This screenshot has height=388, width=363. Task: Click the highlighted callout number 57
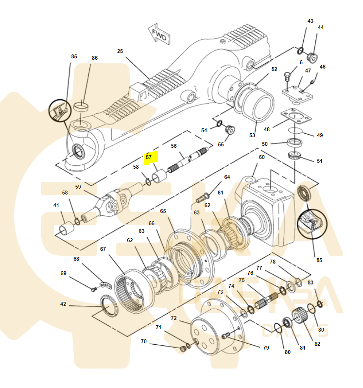point(149,157)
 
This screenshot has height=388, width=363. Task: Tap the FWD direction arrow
point(158,35)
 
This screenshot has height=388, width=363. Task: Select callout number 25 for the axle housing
point(120,51)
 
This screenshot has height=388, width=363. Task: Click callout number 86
point(95,58)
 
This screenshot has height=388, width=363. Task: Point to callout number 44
point(320,28)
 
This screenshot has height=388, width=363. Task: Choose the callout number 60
point(261,157)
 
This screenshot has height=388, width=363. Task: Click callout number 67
point(103,249)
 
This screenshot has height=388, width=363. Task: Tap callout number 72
point(173,318)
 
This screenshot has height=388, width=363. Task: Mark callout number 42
point(63,304)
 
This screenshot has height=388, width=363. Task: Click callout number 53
point(252,135)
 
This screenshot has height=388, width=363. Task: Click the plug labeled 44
point(312,58)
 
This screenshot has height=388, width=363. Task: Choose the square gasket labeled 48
point(296,117)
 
